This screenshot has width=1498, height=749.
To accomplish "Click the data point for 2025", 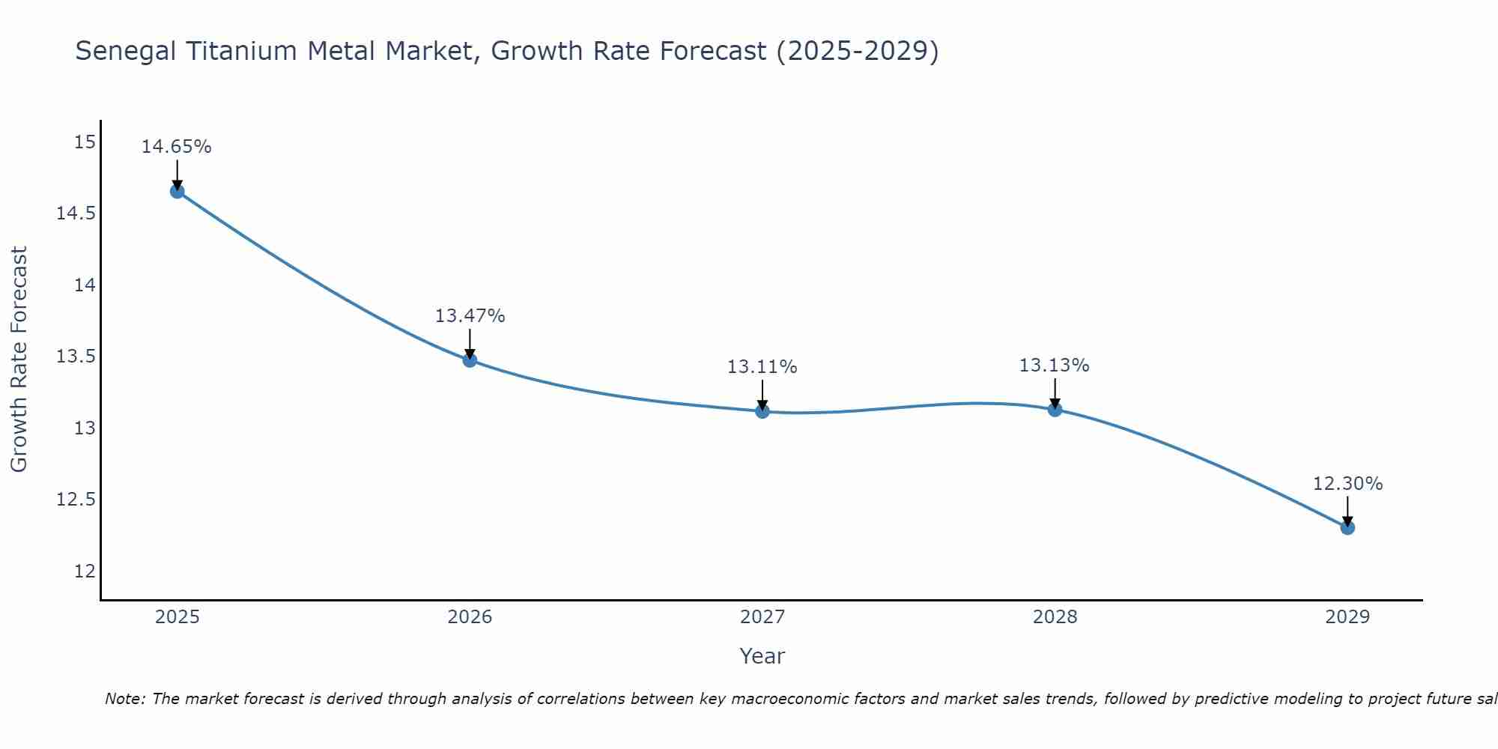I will pos(178,191).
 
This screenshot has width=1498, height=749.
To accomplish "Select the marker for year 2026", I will pos(470,360).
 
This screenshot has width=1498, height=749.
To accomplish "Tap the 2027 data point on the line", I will pos(762,411).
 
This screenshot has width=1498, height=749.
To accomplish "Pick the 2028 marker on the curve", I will pos(1055,409).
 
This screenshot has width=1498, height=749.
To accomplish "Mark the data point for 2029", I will pos(1347,527).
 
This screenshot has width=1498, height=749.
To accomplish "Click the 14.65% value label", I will pos(177,147).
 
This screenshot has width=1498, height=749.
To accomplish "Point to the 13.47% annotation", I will pos(470,316).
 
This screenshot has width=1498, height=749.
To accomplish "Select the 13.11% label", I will pos(762,367).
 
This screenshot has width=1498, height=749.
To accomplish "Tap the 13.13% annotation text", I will pos(1054,366).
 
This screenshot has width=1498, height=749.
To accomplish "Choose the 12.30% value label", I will pos(1347,484).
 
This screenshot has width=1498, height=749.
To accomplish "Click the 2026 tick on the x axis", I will pos(470,617).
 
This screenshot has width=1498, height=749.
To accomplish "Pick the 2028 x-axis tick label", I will pos(1055,617).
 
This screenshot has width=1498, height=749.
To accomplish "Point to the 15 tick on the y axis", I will pos(85,142).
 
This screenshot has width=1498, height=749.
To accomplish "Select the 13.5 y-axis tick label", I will pos(76,357).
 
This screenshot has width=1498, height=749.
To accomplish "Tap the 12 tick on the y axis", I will pos(85,571).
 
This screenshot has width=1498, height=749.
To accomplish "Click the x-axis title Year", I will pos(762,656).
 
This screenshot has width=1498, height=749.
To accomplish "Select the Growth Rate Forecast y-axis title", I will pos(19,360).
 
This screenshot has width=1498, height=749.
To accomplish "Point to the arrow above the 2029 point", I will pos(1347,511).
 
